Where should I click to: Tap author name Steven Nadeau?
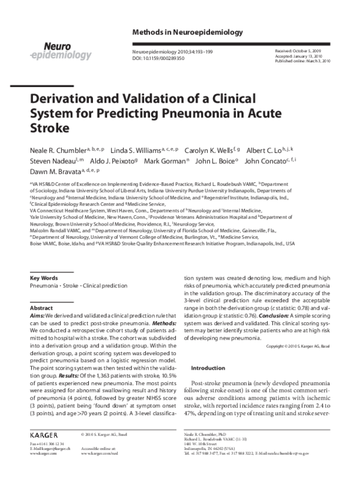pyautogui.click(x=53, y=161)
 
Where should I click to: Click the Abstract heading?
pyautogui.click(x=41, y=307)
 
